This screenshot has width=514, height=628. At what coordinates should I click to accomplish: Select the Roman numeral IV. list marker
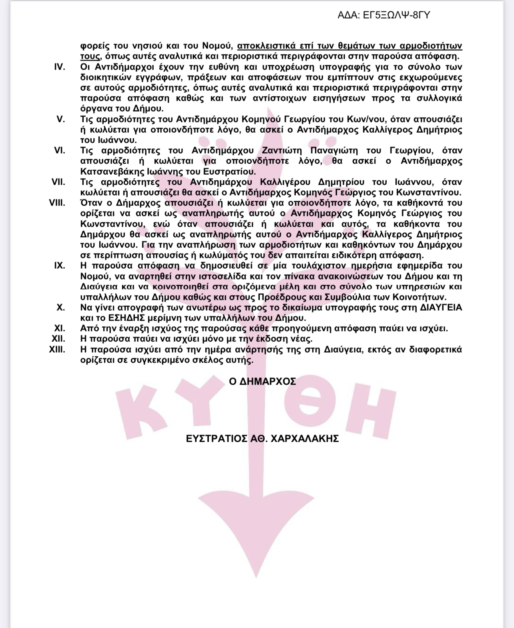coord(60,67)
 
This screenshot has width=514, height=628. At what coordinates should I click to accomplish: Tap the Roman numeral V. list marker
coord(61,119)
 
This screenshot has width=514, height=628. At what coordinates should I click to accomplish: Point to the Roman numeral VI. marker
coord(60,150)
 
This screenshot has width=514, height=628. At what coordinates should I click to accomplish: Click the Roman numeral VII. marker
coord(58,182)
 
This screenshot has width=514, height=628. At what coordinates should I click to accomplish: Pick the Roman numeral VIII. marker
coord(57,203)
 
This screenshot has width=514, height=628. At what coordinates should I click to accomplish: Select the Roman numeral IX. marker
coord(60,265)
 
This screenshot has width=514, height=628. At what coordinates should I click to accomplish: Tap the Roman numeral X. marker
coord(61,307)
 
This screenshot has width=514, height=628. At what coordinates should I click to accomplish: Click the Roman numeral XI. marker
coord(60,328)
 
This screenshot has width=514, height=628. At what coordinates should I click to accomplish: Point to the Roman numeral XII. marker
coord(58,339)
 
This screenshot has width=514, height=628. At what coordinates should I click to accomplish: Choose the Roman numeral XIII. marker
coord(57,349)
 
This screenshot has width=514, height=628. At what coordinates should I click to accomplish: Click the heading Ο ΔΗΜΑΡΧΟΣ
coord(263,381)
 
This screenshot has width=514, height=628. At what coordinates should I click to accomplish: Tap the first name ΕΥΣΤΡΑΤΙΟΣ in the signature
coord(213,439)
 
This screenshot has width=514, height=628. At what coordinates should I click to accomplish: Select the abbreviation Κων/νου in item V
coord(367,119)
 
